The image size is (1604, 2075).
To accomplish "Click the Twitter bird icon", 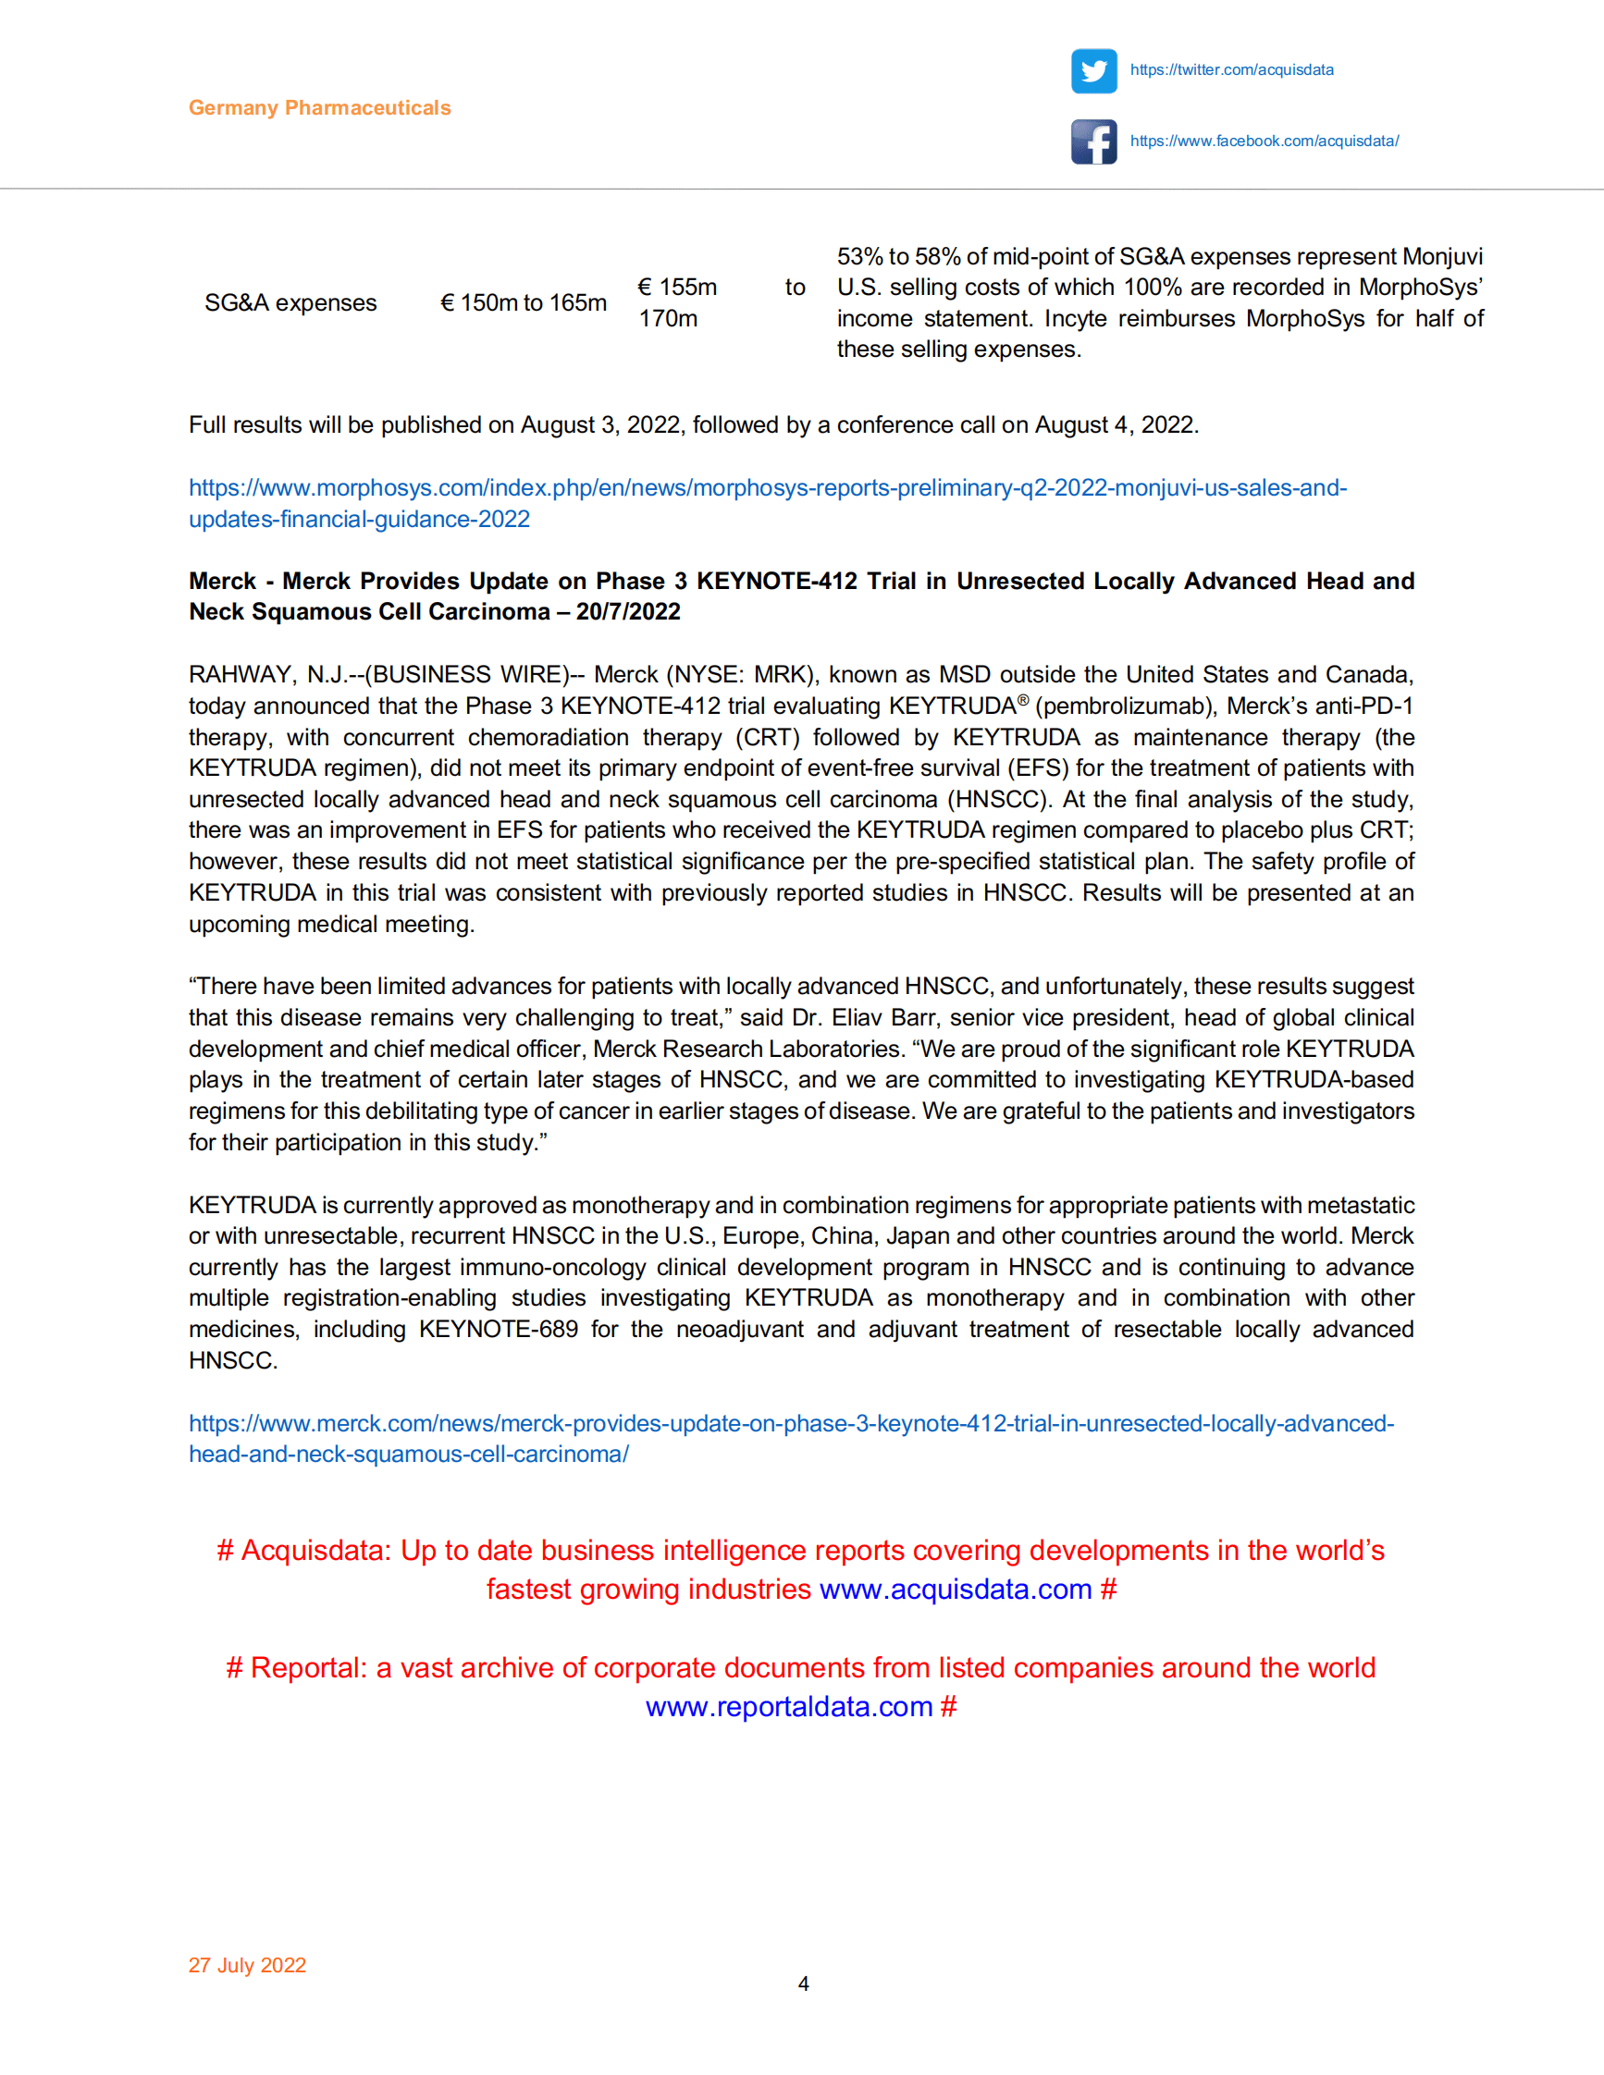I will tap(1093, 71).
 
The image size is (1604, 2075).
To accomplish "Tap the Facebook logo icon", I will tap(1093, 141).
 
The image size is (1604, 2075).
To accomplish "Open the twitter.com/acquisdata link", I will tap(1231, 70).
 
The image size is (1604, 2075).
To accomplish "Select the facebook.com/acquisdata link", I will tap(1264, 141).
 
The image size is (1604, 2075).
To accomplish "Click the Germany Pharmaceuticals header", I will tap(319, 108).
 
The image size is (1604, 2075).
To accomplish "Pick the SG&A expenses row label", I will tap(290, 303).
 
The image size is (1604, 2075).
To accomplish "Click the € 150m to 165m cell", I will tap(524, 303).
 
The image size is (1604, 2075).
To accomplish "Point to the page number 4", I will tap(803, 1983).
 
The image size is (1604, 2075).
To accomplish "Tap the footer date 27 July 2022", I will tap(247, 1965).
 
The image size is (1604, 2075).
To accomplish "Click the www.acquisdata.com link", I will tap(955, 1590).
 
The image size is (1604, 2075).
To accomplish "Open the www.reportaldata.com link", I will tap(789, 1707).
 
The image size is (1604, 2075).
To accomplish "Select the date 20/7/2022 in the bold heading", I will tap(628, 612).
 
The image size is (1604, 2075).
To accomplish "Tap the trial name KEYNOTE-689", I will tap(498, 1329).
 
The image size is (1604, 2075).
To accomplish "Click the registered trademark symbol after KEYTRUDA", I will tap(1022, 701).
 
